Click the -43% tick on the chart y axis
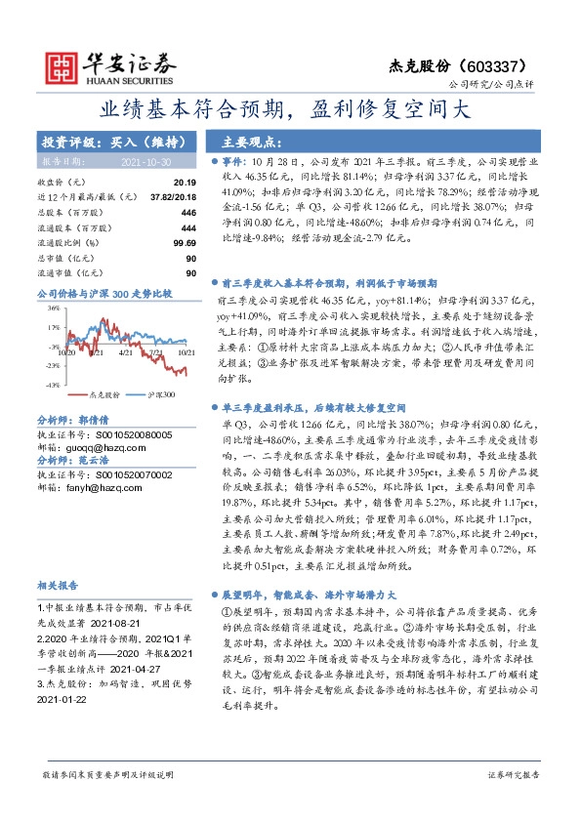click(52, 386)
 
